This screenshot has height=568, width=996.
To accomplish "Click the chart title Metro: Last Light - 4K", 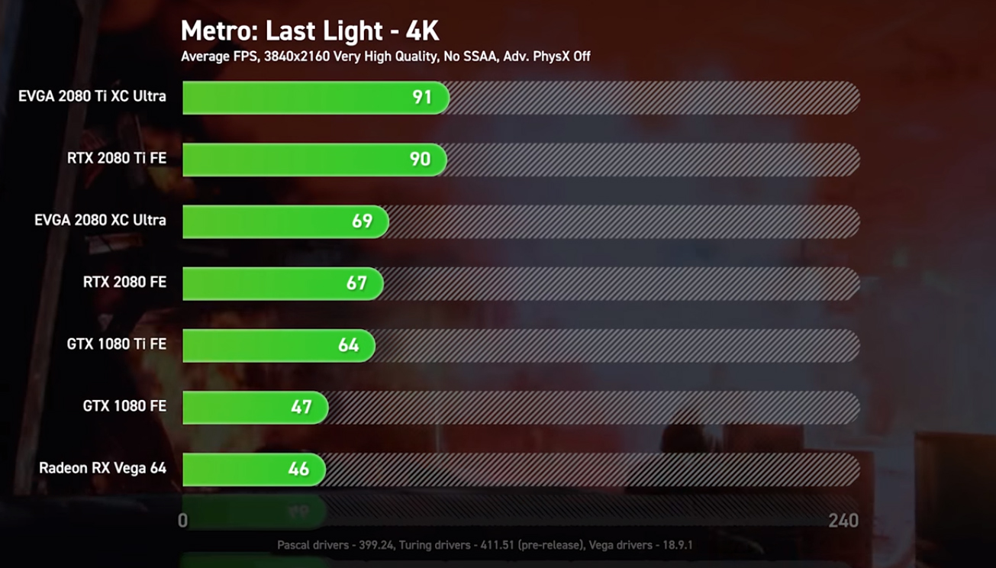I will (310, 31).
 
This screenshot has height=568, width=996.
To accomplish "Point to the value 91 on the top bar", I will (421, 98).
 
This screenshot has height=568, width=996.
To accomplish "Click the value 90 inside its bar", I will (420, 160).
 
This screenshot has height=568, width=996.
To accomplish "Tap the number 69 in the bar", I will (362, 221).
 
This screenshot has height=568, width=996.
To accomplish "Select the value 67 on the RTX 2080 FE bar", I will (356, 283).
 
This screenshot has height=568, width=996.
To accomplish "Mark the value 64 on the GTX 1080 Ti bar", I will (348, 345).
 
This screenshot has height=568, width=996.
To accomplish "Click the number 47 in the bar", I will (301, 407).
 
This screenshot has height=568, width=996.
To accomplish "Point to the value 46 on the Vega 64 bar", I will (298, 469).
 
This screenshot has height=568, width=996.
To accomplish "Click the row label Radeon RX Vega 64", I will (102, 468).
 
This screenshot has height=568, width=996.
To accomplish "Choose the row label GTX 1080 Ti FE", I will (116, 344).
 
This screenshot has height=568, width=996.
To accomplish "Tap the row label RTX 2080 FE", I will (124, 282).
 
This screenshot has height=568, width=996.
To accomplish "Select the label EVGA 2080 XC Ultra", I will (100, 221).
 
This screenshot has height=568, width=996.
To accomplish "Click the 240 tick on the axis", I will (843, 521).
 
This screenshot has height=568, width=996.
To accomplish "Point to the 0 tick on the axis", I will (182, 521).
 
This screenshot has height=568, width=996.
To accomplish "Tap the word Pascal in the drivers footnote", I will (294, 545).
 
